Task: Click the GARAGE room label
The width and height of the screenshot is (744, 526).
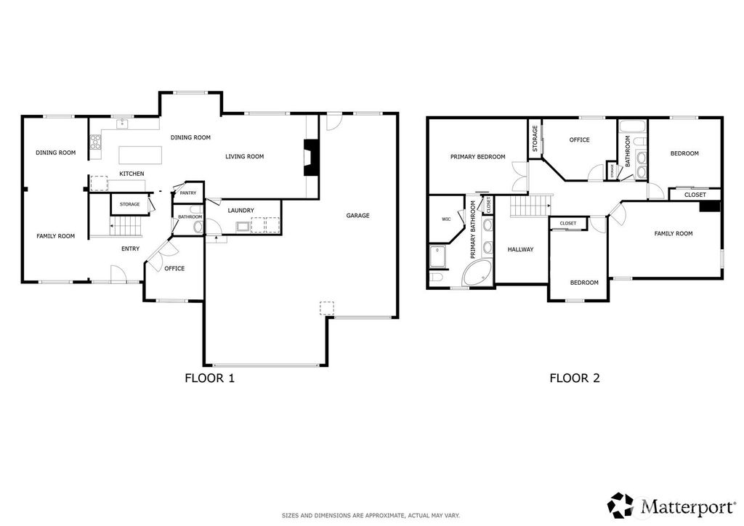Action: pyautogui.click(x=357, y=215)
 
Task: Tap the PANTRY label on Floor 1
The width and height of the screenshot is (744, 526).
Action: pyautogui.click(x=188, y=193)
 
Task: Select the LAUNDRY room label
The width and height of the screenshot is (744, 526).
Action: pyautogui.click(x=240, y=211)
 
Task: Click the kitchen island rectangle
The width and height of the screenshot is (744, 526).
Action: pyautogui.click(x=140, y=155)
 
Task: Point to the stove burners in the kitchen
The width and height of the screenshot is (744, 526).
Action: pyautogui.click(x=96, y=142)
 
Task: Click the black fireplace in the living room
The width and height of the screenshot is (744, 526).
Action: pyautogui.click(x=311, y=158)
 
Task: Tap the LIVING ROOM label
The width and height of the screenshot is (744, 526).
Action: pyautogui.click(x=244, y=156)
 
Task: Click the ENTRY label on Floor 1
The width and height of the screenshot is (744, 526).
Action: pyautogui.click(x=131, y=248)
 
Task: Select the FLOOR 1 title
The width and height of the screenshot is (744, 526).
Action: pyautogui.click(x=210, y=378)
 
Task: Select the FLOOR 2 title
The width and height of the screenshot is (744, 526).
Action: pyautogui.click(x=575, y=378)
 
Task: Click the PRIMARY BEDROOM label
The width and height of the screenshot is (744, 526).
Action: pyautogui.click(x=478, y=157)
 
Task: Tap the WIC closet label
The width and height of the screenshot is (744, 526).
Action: pyautogui.click(x=446, y=219)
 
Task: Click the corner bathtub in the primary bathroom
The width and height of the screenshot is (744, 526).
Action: pyautogui.click(x=477, y=272)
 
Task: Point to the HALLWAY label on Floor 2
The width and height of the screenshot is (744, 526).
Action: pyautogui.click(x=520, y=249)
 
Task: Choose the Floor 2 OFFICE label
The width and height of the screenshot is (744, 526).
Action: pyautogui.click(x=579, y=140)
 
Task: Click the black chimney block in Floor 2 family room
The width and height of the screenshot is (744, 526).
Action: pyautogui.click(x=710, y=207)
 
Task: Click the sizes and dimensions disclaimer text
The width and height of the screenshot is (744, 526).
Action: pyautogui.click(x=371, y=516)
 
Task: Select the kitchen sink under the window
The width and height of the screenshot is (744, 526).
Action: pyautogui.click(x=123, y=124)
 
